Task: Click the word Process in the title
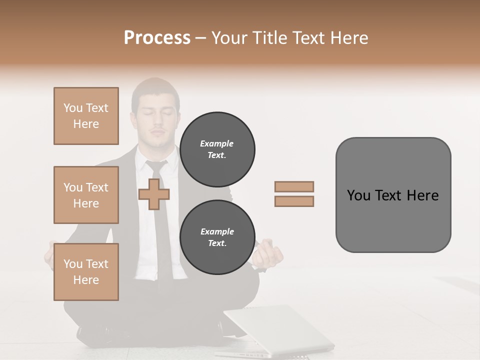(157, 37)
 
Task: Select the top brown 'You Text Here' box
(86, 116)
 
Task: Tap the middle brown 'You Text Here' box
(86, 195)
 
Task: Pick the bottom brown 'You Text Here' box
(86, 272)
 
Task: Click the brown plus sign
(153, 193)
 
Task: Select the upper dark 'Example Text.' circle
(217, 149)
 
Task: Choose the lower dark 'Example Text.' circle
(217, 237)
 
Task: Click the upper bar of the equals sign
(294, 186)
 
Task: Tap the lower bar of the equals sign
(294, 201)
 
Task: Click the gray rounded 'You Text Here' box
(393, 195)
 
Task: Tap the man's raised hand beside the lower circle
(268, 253)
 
